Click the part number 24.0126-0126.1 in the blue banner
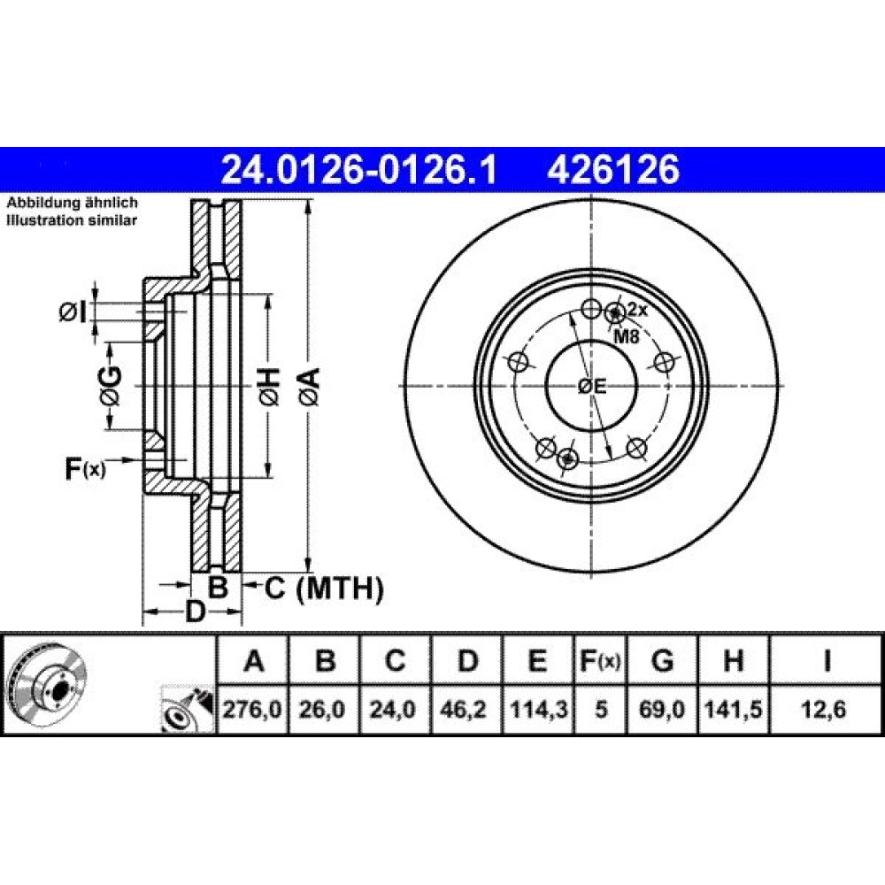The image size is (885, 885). pos(359,169)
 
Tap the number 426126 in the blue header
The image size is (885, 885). pos(613,169)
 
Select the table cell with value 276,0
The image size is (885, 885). pos(252,710)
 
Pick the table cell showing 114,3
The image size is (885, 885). pos(538,710)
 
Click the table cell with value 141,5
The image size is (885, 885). pos(733,710)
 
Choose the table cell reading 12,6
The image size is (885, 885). pos(825,710)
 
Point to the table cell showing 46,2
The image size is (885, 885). pos(466,710)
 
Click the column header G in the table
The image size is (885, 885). pos(662,660)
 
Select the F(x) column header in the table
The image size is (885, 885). pos(601,660)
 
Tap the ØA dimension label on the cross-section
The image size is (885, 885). pos(310,388)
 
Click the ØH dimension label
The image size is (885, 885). pos(269,388)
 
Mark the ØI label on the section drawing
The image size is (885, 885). pos(73,312)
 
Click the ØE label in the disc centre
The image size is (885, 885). pos(592,387)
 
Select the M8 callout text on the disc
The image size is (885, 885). pos(626,337)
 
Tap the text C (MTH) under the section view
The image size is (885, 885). pos(324,589)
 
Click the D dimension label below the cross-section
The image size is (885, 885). pos(195,612)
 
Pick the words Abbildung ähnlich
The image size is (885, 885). pos(72,203)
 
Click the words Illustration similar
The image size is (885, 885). pos(72,220)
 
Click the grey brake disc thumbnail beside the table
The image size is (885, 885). pos(49,684)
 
